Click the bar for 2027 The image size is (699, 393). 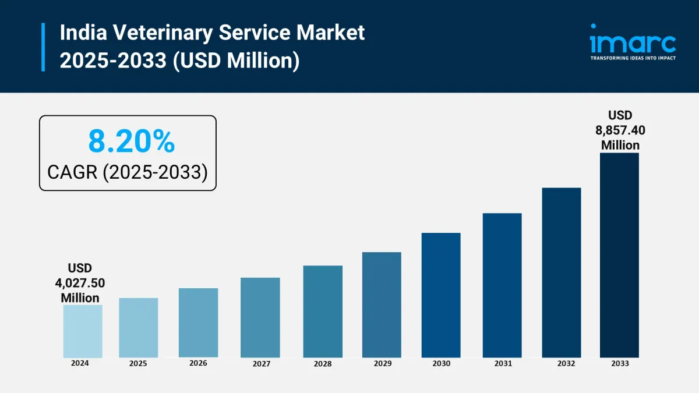pos(260,317)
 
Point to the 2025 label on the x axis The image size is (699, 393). pos(138,363)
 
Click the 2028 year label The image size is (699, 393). pos(322,364)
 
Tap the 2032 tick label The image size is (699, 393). pos(562,363)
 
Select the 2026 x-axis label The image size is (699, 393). pos(198,363)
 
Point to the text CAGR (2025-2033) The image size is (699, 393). pos(128,172)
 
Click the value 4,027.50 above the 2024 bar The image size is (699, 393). pos(80,283)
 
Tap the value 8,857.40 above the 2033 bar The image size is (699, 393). pos(620,130)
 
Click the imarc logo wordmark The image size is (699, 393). pos(633,41)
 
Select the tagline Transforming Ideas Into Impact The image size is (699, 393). pos(633,58)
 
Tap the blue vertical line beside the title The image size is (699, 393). pos(43,47)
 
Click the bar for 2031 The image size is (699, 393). pos(502,285)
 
